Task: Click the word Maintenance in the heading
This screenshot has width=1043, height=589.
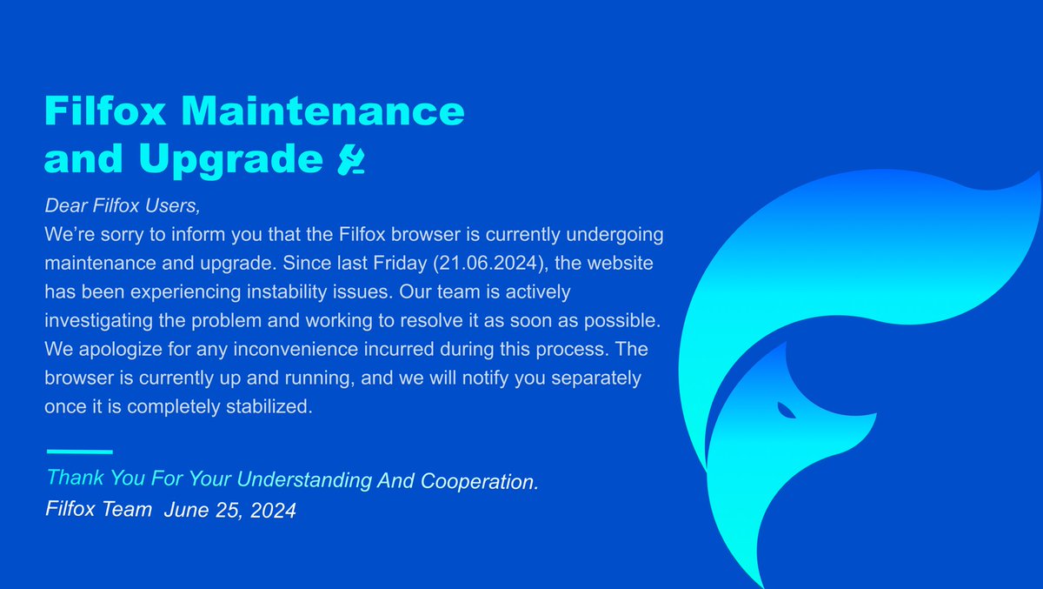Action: pyautogui.click(x=328, y=112)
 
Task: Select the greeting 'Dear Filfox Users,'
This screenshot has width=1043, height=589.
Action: pyautogui.click(x=123, y=208)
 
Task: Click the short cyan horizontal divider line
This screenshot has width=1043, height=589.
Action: pyautogui.click(x=79, y=452)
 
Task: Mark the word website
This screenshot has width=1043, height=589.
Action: pyautogui.click(x=632, y=262)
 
